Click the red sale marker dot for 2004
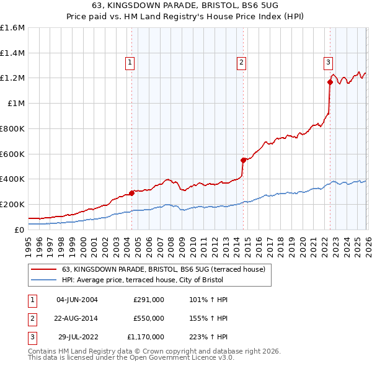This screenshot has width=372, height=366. pyautogui.click(x=131, y=193)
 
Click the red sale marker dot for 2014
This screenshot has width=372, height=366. pyautogui.click(x=243, y=160)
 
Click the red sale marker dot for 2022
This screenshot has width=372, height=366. pyautogui.click(x=330, y=82)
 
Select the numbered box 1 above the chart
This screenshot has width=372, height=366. pyautogui.click(x=130, y=62)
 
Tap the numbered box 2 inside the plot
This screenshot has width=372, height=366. pyautogui.click(x=241, y=62)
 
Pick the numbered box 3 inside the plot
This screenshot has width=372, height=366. pyautogui.click(x=328, y=62)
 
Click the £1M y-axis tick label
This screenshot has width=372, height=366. pyautogui.click(x=15, y=104)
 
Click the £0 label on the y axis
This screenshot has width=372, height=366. pyautogui.click(x=20, y=230)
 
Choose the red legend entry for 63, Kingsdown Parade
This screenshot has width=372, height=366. pyautogui.click(x=163, y=269)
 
